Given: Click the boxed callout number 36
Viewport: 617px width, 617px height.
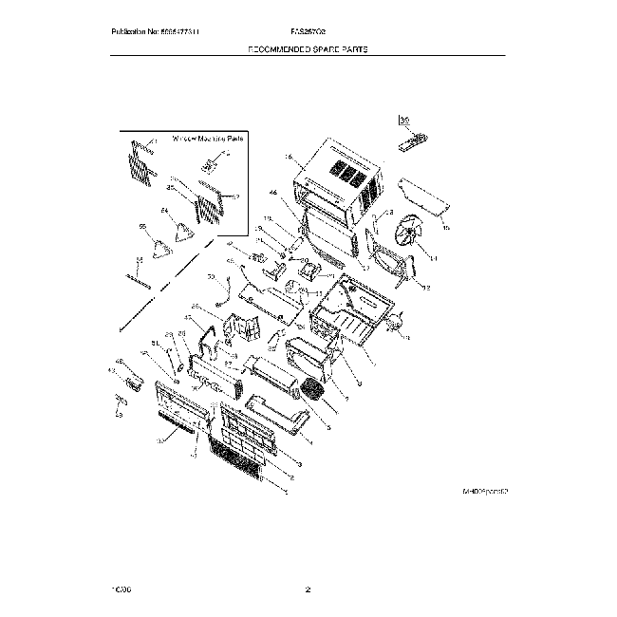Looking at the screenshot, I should click(x=403, y=121).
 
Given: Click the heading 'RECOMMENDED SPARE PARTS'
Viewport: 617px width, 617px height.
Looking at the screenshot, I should click(x=308, y=49).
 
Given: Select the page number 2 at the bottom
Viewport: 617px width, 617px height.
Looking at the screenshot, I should click(x=308, y=590).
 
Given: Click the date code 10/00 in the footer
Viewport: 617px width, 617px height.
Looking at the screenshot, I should click(x=122, y=590).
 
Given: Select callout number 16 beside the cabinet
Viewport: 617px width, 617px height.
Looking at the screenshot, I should click(x=288, y=158).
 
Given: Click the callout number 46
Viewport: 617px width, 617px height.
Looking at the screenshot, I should click(x=272, y=193).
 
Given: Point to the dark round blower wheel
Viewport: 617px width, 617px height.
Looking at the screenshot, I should click(x=313, y=390).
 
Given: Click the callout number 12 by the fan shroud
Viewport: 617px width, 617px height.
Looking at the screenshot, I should click(x=426, y=288).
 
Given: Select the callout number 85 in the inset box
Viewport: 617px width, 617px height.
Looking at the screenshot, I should click(x=171, y=187).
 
